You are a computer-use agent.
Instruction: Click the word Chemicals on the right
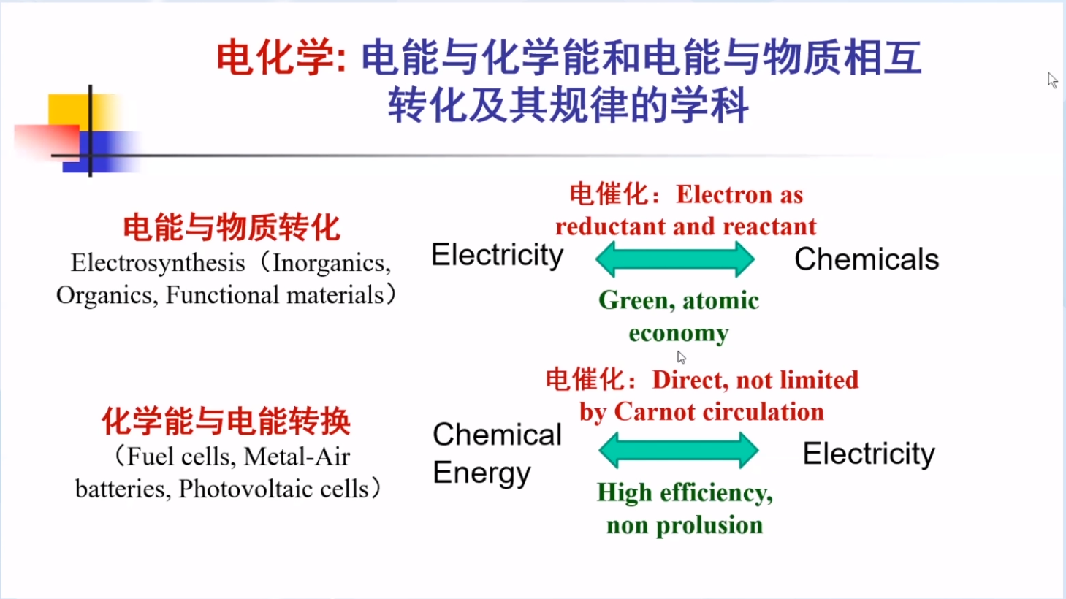(x=867, y=259)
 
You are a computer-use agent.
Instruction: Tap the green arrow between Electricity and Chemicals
(x=675, y=259)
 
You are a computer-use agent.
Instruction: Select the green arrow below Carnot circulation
(x=678, y=450)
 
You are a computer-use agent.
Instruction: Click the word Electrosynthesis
(x=158, y=263)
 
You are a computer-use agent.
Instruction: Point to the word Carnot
(x=646, y=412)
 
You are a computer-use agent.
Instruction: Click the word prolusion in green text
(x=709, y=526)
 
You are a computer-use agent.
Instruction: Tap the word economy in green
(x=678, y=334)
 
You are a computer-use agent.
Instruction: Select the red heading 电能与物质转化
(x=232, y=227)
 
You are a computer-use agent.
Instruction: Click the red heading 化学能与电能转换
(x=226, y=421)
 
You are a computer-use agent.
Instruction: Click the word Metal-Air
(x=297, y=457)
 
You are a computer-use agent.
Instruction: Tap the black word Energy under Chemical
(x=481, y=474)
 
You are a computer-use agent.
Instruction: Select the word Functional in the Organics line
(x=222, y=295)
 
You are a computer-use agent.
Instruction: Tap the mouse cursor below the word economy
(x=681, y=356)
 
